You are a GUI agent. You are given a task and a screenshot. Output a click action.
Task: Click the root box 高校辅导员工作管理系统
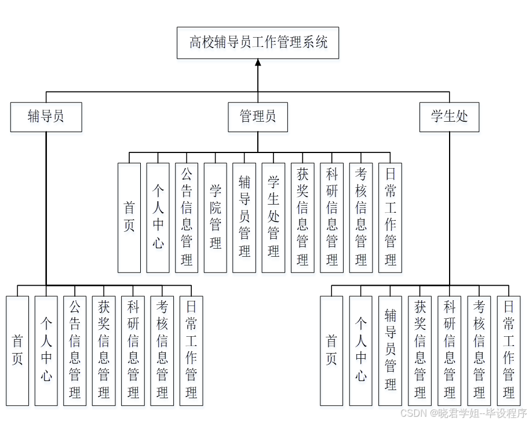(x=258, y=42)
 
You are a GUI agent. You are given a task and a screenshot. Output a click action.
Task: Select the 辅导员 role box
(x=46, y=117)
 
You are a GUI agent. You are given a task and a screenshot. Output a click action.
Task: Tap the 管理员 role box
(x=258, y=117)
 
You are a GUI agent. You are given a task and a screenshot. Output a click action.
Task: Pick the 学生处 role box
(x=449, y=117)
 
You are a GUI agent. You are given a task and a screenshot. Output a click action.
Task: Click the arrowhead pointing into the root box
(x=258, y=63)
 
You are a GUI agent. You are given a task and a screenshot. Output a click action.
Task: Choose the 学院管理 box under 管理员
(x=216, y=217)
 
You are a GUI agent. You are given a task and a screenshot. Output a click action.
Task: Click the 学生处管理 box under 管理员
(x=273, y=217)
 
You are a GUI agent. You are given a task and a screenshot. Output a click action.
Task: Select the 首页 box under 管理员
(x=129, y=217)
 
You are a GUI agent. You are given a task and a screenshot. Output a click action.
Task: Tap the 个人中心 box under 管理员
(x=158, y=217)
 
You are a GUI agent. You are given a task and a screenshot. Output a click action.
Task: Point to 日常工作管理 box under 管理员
(x=390, y=217)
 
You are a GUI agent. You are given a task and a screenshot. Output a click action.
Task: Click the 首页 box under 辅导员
(x=17, y=350)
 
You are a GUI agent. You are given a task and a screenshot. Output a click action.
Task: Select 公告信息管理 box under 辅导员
(x=75, y=350)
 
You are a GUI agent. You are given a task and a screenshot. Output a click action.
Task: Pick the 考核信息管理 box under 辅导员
(x=162, y=350)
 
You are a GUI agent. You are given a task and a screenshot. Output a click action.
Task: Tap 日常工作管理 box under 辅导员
(x=191, y=350)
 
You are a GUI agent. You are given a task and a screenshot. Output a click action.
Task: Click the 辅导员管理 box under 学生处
(x=391, y=350)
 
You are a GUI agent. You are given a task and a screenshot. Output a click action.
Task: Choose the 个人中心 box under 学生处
(x=361, y=350)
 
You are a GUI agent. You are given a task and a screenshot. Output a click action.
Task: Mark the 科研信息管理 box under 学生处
(x=450, y=350)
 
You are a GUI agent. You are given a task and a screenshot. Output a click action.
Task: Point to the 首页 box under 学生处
(x=331, y=350)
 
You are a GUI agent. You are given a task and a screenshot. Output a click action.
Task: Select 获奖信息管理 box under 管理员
(x=302, y=217)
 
